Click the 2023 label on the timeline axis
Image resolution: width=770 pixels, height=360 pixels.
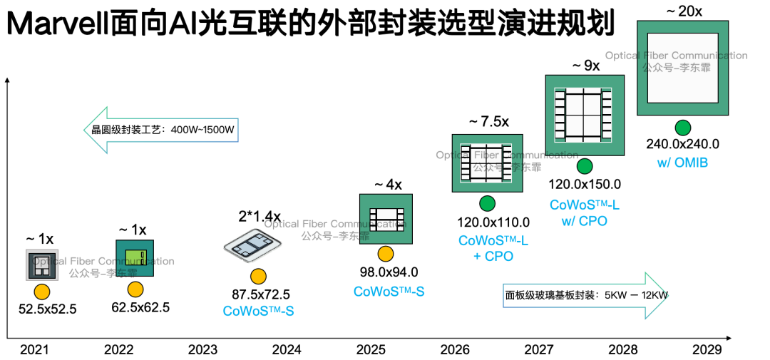202,350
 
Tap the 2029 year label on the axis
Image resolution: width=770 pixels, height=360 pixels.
707,350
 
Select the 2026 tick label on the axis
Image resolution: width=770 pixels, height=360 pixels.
455,350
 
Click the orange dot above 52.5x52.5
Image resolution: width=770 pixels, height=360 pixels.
42,292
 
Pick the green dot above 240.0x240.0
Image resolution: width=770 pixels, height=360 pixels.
682,128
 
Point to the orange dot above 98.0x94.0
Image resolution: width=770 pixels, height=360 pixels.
386,254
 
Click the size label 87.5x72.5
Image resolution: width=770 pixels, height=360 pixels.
261,294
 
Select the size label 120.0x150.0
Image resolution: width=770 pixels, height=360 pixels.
585,185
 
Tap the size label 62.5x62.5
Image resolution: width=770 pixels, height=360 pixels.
140,308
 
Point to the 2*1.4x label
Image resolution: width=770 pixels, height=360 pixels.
260,217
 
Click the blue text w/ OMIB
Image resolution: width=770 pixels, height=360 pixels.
682,163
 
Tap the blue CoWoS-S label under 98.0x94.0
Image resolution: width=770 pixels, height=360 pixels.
389,292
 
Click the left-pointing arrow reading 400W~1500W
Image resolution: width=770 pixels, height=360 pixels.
161,130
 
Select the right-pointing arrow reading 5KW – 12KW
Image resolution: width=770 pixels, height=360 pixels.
585,295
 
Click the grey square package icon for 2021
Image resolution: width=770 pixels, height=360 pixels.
42,264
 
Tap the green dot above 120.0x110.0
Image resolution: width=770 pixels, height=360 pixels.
488,203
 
